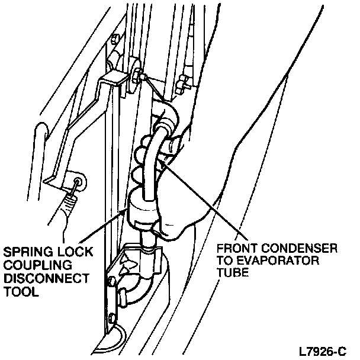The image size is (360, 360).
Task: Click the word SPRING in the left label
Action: click(25, 252)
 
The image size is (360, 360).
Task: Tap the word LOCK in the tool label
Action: click(72, 252)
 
